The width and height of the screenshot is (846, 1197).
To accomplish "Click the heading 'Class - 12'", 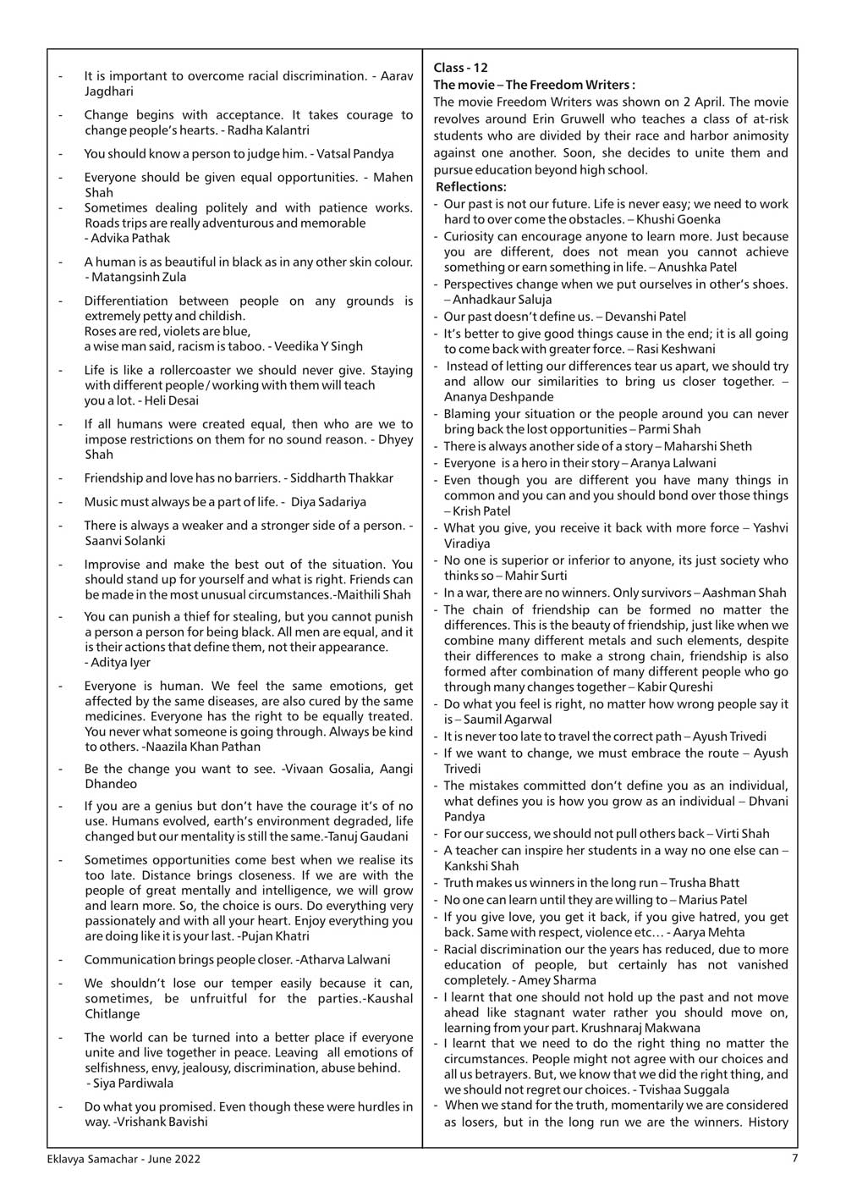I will click(460, 68).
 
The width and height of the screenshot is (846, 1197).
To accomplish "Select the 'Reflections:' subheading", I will click(471, 186).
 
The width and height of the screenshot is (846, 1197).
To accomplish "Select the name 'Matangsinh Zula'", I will click(140, 277).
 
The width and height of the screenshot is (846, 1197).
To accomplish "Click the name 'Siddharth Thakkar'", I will click(342, 478).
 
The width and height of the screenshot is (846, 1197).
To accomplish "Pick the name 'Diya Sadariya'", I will click(328, 502).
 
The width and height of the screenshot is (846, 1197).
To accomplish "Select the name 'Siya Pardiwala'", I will click(134, 1083).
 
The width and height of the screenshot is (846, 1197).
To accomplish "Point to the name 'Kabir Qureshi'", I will click(674, 687).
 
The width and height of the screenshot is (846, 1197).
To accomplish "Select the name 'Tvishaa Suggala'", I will click(685, 1089).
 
